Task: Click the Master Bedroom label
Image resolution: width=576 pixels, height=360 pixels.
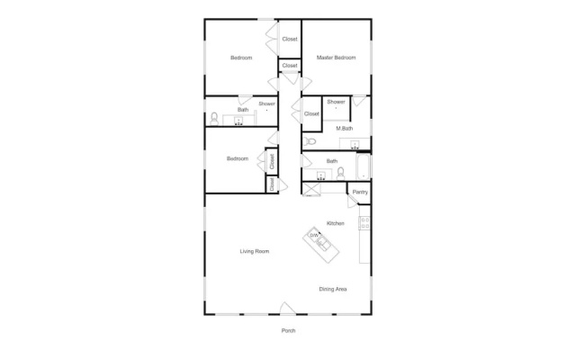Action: click(336, 58)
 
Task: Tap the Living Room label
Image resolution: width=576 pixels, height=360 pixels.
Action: click(255, 251)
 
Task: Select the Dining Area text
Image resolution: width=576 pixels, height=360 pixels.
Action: click(333, 289)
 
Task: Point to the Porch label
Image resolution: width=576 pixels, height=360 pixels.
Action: click(288, 330)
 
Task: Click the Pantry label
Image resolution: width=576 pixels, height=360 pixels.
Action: click(360, 192)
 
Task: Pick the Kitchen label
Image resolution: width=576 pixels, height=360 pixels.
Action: click(336, 223)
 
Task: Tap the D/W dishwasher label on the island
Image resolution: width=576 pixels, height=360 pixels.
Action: click(314, 235)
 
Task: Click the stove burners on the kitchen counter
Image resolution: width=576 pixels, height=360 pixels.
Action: click(364, 223)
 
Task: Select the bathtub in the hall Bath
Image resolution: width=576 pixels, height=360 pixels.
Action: click(363, 166)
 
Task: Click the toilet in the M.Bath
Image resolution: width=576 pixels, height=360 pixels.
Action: click(310, 141)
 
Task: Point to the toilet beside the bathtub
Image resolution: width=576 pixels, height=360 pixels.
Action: click(340, 174)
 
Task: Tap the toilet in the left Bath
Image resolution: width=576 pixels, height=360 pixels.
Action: click(214, 119)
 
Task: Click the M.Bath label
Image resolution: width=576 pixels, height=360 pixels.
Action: click(344, 129)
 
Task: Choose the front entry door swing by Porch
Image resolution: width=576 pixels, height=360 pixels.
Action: click(288, 308)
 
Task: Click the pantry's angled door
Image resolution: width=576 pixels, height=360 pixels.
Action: click(352, 202)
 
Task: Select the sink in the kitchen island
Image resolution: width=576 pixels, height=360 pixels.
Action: click(323, 244)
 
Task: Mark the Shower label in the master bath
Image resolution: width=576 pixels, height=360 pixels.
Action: click(336, 102)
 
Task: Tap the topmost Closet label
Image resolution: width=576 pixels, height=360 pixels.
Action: click(290, 39)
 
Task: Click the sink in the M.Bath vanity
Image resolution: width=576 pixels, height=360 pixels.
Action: click(355, 144)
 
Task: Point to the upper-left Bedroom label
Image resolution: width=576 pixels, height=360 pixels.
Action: click(241, 58)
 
